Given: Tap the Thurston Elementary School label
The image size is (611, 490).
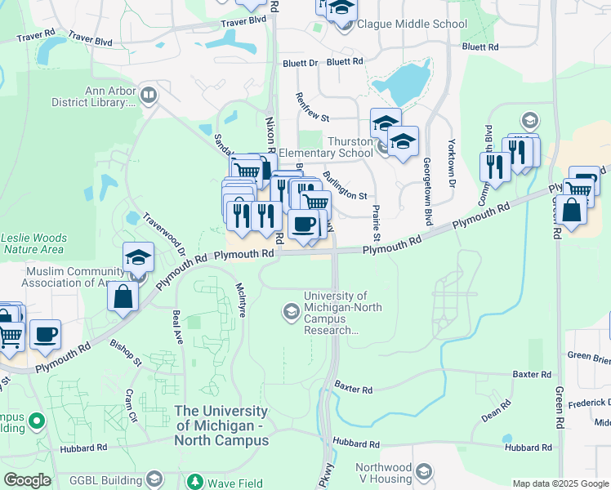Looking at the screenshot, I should click(326, 147).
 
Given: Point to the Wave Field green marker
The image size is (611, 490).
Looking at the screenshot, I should click(194, 481).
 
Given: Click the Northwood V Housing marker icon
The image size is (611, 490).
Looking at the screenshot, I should click(424, 470).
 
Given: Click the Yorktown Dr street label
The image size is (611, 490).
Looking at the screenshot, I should click(451, 163).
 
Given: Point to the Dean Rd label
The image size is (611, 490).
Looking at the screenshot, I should click(495, 415).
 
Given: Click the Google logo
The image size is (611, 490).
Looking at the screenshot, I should click(27, 480).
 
